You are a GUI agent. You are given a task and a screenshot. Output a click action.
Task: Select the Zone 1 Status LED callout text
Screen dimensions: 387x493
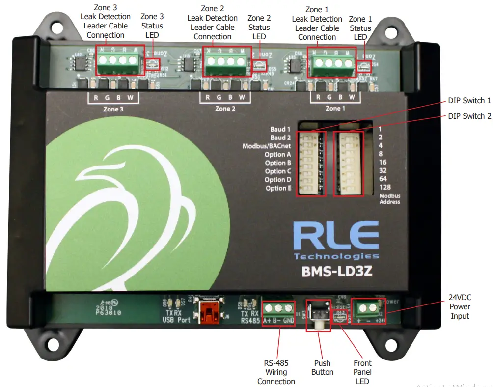coord(360,28)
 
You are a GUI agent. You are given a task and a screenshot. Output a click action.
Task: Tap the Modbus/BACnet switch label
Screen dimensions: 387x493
coord(267,146)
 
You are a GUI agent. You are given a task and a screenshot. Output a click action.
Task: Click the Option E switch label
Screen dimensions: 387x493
coord(278,188)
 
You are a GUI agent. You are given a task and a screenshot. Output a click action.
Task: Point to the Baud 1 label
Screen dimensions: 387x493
coord(280,130)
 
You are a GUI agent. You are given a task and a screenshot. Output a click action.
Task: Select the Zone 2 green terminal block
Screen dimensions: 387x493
coord(226,62)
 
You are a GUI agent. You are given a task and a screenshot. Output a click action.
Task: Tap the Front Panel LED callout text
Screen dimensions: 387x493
coord(362,372)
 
